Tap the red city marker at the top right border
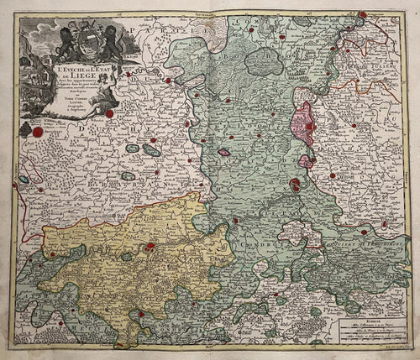tap(362, 14)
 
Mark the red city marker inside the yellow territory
tap(150, 247)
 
